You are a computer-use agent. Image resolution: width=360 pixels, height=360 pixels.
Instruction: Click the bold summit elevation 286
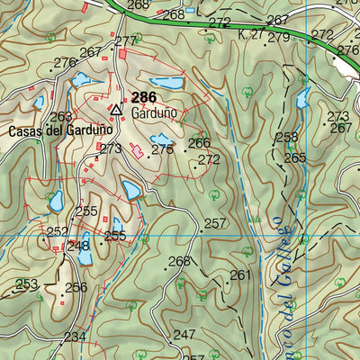pyautogui.click(x=143, y=96)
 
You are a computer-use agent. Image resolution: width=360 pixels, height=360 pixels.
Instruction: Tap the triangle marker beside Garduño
pyautogui.click(x=115, y=110)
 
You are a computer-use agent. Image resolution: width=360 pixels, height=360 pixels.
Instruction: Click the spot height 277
pyautogui.click(x=125, y=40)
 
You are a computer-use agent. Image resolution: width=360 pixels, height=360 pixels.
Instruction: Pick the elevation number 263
pyautogui.click(x=60, y=117)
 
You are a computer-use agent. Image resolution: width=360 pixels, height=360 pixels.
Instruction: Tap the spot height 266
pyautogui.click(x=199, y=143)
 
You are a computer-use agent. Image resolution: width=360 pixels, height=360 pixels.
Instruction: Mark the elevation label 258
pyautogui.click(x=286, y=137)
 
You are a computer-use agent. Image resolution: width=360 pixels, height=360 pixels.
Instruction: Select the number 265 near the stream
pyautogui.click(x=295, y=157)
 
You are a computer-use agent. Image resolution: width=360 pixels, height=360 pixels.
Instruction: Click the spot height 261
pyautogui.click(x=241, y=275)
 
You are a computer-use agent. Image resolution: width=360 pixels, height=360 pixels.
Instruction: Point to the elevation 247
pyautogui.click(x=184, y=335)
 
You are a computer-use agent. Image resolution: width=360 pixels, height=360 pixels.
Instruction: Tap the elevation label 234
pyautogui.click(x=75, y=337)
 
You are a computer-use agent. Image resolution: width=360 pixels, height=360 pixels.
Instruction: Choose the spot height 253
pyautogui.click(x=27, y=284)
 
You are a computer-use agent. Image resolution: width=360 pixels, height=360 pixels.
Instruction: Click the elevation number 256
pyautogui.click(x=76, y=287)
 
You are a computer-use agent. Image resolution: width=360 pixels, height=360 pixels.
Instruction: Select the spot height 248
pyautogui.click(x=79, y=246)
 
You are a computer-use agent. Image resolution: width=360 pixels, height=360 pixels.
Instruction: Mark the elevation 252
pyautogui.click(x=58, y=231)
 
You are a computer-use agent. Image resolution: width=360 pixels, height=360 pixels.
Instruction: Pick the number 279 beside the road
pyautogui.click(x=278, y=37)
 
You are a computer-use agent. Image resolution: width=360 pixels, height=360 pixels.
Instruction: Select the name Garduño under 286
pyautogui.click(x=153, y=114)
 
